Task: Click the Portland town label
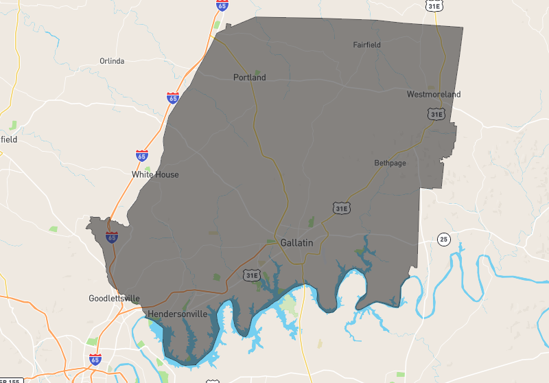tap(249, 78)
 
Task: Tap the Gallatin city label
tap(296, 243)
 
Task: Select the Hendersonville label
tap(177, 314)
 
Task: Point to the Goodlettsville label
tap(114, 299)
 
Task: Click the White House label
tap(155, 174)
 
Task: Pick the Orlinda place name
tap(112, 61)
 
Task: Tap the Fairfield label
tap(366, 45)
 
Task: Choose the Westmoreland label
tap(434, 94)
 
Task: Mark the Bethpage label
tap(390, 163)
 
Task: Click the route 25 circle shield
tap(444, 240)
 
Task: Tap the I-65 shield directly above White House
tap(141, 156)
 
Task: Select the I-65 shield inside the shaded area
tap(111, 237)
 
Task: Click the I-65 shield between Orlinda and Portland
tap(173, 98)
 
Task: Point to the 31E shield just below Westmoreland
tap(436, 114)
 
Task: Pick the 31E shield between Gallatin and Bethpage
tap(340, 207)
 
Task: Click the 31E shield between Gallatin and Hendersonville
tap(251, 275)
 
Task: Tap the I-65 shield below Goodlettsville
tap(95, 359)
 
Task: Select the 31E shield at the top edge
tap(433, 5)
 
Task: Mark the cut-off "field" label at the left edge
tap(8, 139)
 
